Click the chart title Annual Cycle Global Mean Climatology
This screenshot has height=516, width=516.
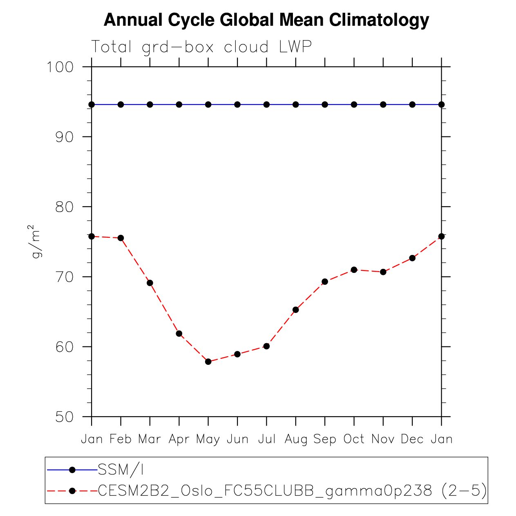click(x=266, y=20)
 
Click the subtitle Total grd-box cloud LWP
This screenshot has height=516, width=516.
click(x=201, y=47)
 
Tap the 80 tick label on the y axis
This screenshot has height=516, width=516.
click(x=65, y=207)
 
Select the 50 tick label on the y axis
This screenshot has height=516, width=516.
click(x=65, y=417)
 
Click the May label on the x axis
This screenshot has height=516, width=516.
click(x=208, y=439)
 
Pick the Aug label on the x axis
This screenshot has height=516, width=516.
click(x=296, y=439)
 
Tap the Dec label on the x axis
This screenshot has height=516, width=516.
click(x=412, y=439)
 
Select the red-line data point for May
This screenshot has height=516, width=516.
click(x=208, y=362)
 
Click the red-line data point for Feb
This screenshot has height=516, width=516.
click(x=121, y=238)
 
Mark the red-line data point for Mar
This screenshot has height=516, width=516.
click(x=150, y=283)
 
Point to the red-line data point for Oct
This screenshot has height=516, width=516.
click(x=354, y=270)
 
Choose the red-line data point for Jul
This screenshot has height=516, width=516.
click(x=266, y=346)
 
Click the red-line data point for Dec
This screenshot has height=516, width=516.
click(x=412, y=258)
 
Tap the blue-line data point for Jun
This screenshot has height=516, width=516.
click(x=237, y=105)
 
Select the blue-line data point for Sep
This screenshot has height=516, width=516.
click(x=325, y=105)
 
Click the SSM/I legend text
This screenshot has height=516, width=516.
click(x=121, y=470)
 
